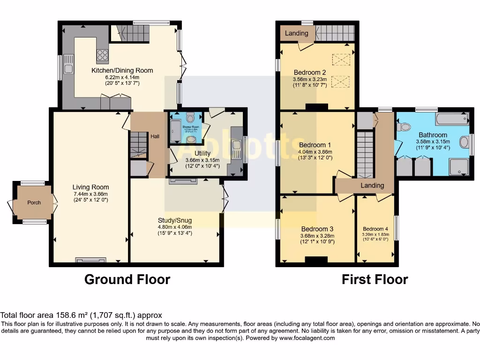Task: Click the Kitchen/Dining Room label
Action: coord(122,70)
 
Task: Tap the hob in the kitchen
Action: coord(102,55)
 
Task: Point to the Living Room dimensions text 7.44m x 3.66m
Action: coord(90,194)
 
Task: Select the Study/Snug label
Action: coord(175,220)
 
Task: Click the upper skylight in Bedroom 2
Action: coord(341,60)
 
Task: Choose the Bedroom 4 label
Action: coord(375,229)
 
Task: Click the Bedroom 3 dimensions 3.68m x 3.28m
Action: coord(316,236)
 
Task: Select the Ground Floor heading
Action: coord(127,279)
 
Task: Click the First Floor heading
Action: coord(375,279)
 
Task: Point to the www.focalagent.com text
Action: coord(306,338)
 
